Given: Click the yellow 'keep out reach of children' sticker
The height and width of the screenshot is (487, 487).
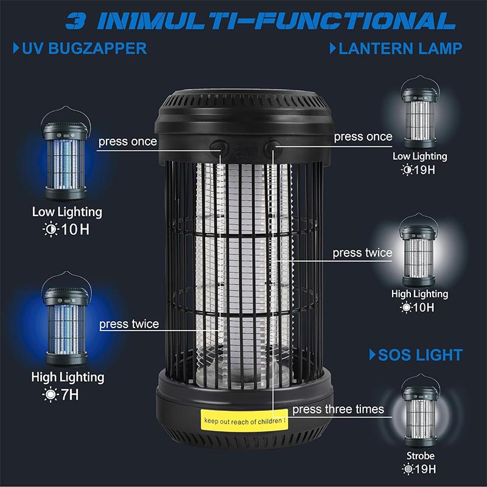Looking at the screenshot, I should (243, 420).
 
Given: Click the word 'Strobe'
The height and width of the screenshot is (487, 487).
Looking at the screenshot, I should (421, 456).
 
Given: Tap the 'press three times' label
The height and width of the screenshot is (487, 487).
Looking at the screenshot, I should (338, 409).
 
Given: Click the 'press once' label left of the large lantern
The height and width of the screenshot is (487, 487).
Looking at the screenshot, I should (127, 142).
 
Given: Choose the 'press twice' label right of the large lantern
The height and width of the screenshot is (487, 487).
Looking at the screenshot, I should (362, 253).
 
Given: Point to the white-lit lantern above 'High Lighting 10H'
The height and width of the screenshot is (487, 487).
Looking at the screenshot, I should (419, 253).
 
